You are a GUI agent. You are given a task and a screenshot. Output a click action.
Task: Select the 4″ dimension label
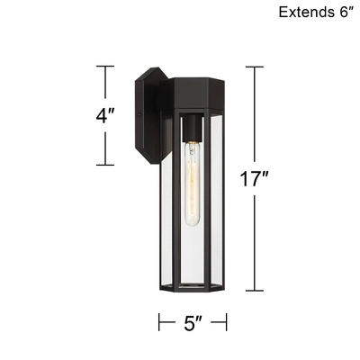[106, 116]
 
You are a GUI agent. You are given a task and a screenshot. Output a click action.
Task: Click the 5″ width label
[193, 321]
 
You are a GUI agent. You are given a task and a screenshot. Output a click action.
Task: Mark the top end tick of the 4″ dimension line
[105, 67]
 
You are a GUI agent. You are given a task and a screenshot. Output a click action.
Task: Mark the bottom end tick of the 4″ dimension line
[105, 164]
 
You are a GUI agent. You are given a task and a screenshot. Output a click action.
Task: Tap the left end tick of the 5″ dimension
[160, 321]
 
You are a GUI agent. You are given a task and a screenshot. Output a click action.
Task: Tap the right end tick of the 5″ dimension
[226, 321]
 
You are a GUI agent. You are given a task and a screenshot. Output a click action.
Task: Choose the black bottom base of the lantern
[193, 283]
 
